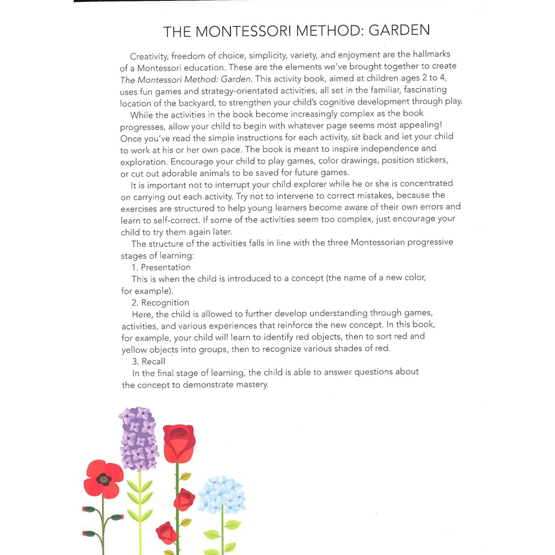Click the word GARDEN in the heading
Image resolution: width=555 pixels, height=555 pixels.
pyautogui.click(x=399, y=30)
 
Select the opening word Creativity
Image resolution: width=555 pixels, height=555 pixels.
pyautogui.click(x=149, y=56)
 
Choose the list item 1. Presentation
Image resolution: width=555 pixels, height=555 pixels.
pyautogui.click(x=161, y=267)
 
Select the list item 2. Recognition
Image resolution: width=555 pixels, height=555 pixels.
pyautogui.click(x=160, y=302)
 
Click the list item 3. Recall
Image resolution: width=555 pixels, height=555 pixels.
pyautogui.click(x=149, y=361)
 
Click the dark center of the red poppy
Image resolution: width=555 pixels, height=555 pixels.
pyautogui.click(x=103, y=479)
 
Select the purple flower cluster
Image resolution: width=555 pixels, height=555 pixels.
pyautogui.click(x=138, y=439)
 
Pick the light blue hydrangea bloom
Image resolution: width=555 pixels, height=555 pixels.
pyautogui.click(x=222, y=494)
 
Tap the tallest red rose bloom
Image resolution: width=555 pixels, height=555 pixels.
pyautogui.click(x=179, y=442)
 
